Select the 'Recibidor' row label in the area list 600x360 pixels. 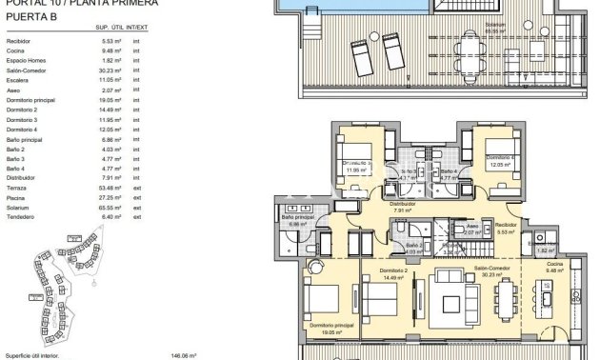[18, 43]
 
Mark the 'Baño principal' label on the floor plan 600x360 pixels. [297, 217]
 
